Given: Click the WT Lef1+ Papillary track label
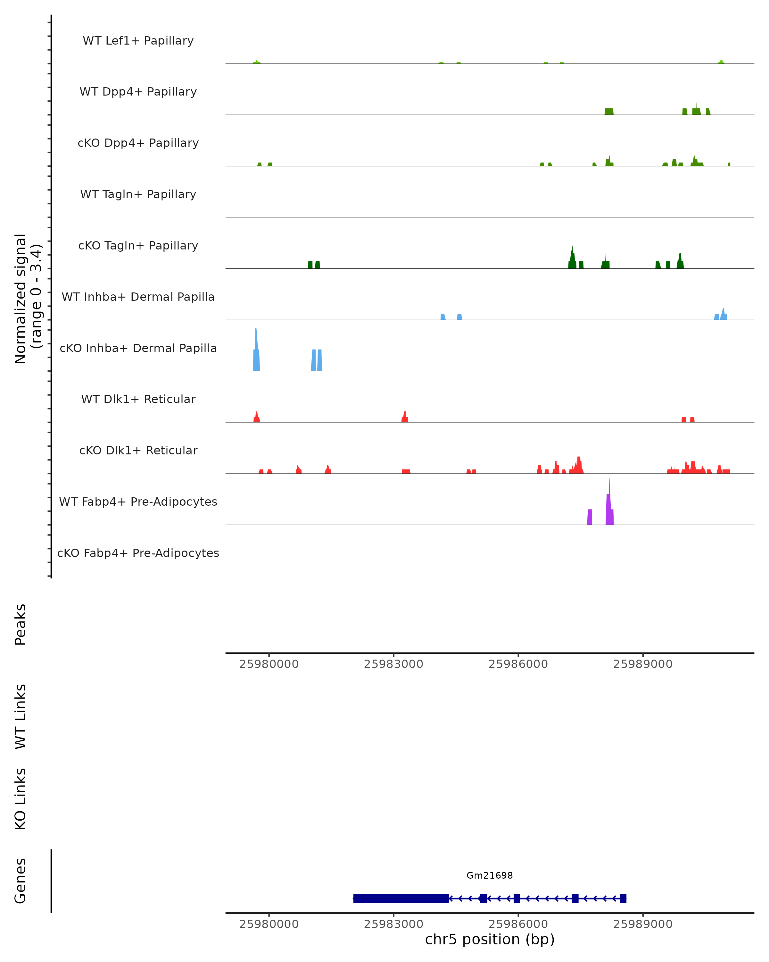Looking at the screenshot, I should coord(138,41).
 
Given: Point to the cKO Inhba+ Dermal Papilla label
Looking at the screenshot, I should coord(138,348).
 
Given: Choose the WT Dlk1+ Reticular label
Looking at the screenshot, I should coord(138,399).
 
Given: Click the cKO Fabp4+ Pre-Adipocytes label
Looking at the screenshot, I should coord(138,553).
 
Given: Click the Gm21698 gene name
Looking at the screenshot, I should coord(490,875).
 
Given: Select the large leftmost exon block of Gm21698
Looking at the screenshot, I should coord(401,898).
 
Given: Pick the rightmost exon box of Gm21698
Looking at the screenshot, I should coord(623,898).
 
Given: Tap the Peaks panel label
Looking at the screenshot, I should coord(21,624).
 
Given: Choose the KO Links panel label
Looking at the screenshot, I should coord(21,799).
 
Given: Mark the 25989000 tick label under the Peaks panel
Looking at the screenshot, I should coord(642,664).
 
